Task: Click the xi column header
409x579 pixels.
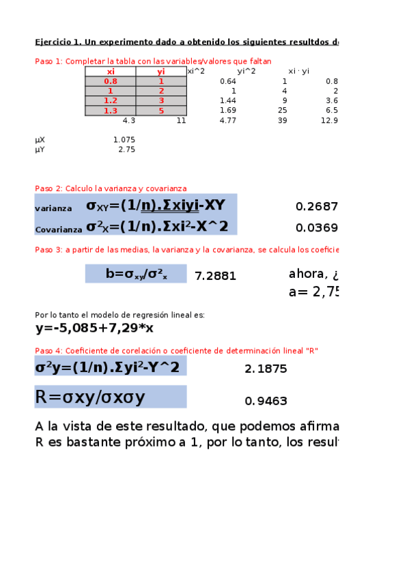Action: pyautogui.click(x=111, y=71)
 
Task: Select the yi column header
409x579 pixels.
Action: pyautogui.click(x=161, y=71)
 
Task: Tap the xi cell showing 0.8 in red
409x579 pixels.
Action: pyautogui.click(x=111, y=81)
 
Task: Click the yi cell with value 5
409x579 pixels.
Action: pyautogui.click(x=161, y=111)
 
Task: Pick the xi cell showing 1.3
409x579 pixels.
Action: pyautogui.click(x=111, y=111)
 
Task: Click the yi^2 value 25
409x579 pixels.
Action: pyautogui.click(x=282, y=111)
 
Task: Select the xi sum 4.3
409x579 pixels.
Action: pyautogui.click(x=128, y=121)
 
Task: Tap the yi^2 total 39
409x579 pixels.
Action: pyautogui.click(x=282, y=121)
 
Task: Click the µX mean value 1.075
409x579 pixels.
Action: pyautogui.click(x=124, y=140)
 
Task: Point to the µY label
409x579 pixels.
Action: pyautogui.click(x=40, y=150)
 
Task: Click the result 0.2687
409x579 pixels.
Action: pyautogui.click(x=317, y=206)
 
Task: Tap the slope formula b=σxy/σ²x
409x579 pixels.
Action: pyautogui.click(x=136, y=274)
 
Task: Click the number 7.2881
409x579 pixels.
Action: pyautogui.click(x=216, y=276)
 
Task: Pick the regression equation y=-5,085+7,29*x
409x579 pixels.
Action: pyautogui.click(x=94, y=328)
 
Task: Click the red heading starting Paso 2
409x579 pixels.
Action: pyautogui.click(x=111, y=188)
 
